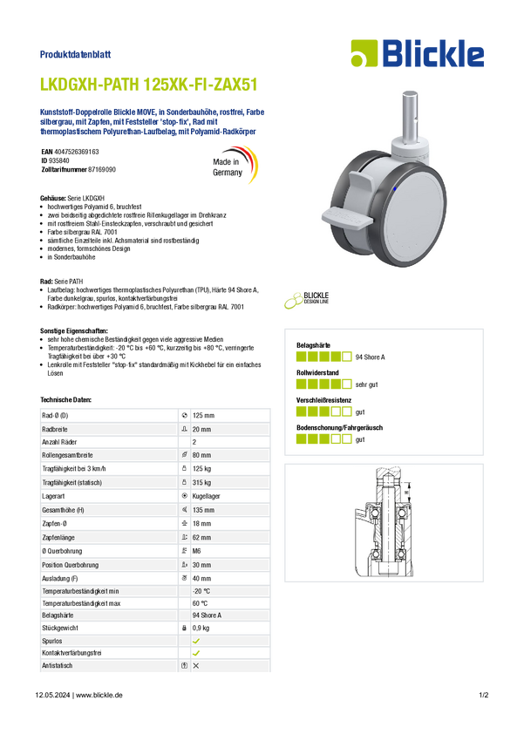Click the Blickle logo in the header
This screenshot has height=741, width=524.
[418, 53]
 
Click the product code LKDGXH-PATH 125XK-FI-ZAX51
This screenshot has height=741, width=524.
[149, 85]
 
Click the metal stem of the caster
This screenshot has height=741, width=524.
[410, 115]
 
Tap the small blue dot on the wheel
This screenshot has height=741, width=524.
[395, 188]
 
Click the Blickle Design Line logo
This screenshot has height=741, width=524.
[306, 300]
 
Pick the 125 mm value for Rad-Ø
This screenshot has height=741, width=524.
[203, 415]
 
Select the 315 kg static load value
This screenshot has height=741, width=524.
[201, 482]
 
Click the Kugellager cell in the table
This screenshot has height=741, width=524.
[206, 496]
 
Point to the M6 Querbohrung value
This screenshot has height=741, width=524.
[196, 551]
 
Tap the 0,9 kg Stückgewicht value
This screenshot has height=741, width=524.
[201, 628]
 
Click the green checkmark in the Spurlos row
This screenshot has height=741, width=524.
[196, 642]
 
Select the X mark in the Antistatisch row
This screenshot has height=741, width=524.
[196, 665]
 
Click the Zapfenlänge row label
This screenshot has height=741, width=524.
[58, 537]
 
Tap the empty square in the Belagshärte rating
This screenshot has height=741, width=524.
[347, 357]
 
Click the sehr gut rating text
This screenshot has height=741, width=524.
[367, 384]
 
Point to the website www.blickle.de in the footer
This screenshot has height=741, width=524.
[99, 695]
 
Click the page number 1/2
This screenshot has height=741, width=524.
[484, 695]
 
